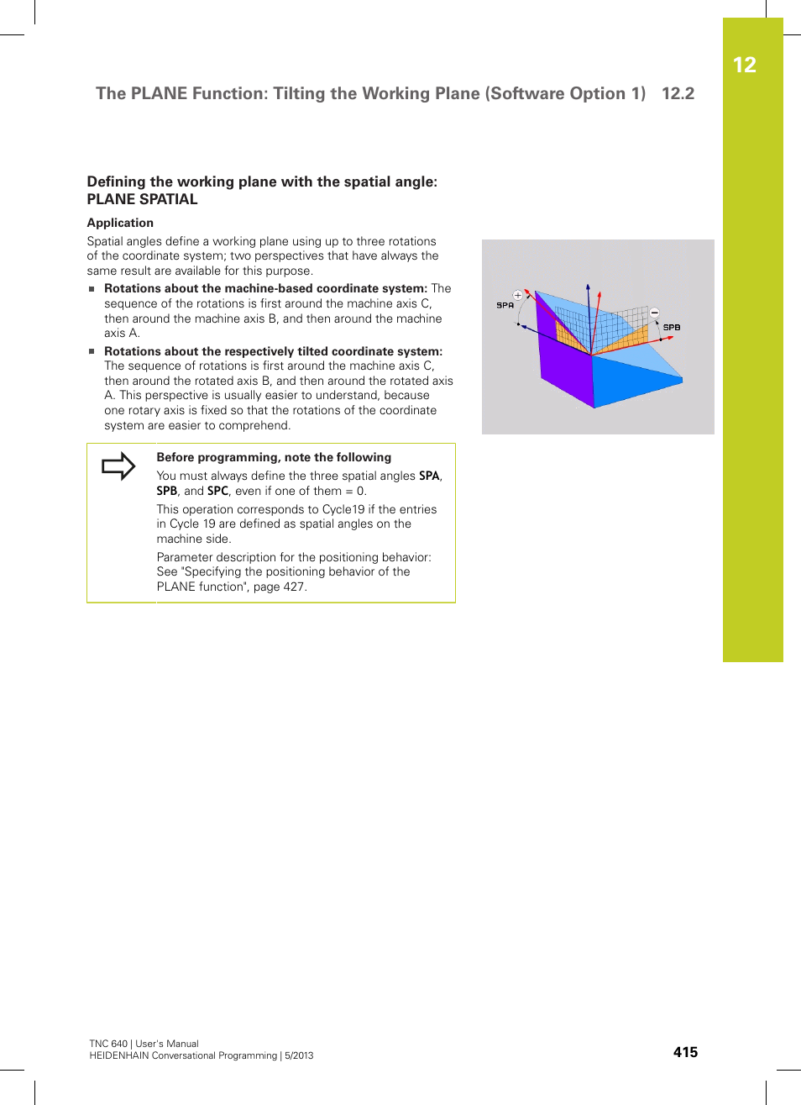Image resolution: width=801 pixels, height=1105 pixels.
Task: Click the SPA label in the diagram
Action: coord(505,305)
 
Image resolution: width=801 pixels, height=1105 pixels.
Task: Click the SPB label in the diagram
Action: coord(672,327)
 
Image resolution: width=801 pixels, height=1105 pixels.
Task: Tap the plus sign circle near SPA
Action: coord(518,295)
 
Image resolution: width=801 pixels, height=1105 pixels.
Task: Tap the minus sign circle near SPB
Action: coord(655,313)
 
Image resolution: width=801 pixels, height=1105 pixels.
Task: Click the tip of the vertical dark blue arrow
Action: coord(589,287)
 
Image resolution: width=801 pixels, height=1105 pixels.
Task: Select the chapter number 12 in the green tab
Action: coord(744,65)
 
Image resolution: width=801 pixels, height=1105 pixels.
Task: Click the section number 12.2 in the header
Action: coord(678,93)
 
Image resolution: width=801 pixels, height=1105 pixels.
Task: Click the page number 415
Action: coord(685,1052)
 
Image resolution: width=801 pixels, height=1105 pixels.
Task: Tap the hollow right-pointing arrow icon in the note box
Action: coord(118,466)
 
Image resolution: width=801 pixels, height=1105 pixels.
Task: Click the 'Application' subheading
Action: coord(120,223)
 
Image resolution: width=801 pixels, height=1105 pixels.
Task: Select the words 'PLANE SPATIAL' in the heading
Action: coord(142,199)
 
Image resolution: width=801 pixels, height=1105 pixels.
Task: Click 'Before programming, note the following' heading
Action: coord(274,457)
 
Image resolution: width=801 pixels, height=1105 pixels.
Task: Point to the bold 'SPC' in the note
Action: coord(217,491)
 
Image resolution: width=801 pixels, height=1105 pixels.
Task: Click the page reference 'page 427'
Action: coord(279,587)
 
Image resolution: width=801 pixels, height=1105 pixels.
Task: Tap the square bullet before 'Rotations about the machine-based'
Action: coord(92,289)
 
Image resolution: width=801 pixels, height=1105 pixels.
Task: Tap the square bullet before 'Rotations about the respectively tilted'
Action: coord(92,352)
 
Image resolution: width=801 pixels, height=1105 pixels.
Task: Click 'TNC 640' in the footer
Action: coord(108,1044)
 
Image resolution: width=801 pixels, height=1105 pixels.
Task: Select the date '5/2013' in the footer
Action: coord(298,1055)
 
